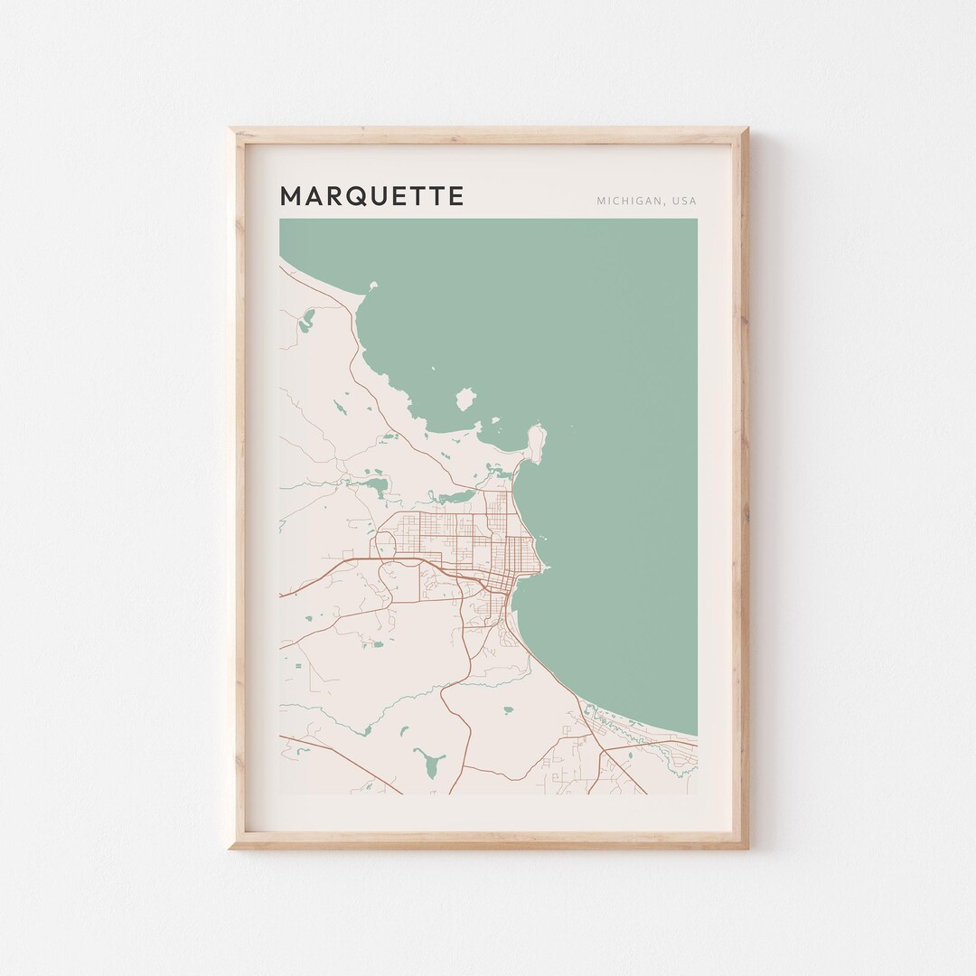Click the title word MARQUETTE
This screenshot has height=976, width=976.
pos(371,196)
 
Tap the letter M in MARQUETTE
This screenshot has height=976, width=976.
pos(291,196)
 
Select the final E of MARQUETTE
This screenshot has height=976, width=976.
pos(456,196)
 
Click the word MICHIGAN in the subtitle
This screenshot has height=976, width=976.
pos(628,201)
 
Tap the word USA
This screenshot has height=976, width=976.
pos(683,201)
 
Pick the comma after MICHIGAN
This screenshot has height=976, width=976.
pos(662,203)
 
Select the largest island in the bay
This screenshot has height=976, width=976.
pos(465,399)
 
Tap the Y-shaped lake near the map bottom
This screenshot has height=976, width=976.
pos(427,762)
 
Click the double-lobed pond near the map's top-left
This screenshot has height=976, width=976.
pos(308,317)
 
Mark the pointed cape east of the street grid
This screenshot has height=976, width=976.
pos(546,568)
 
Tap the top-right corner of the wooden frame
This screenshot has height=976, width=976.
pos(748,128)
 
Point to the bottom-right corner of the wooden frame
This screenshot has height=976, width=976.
pos(748,849)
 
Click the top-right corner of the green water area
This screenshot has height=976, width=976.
pos(696,220)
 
